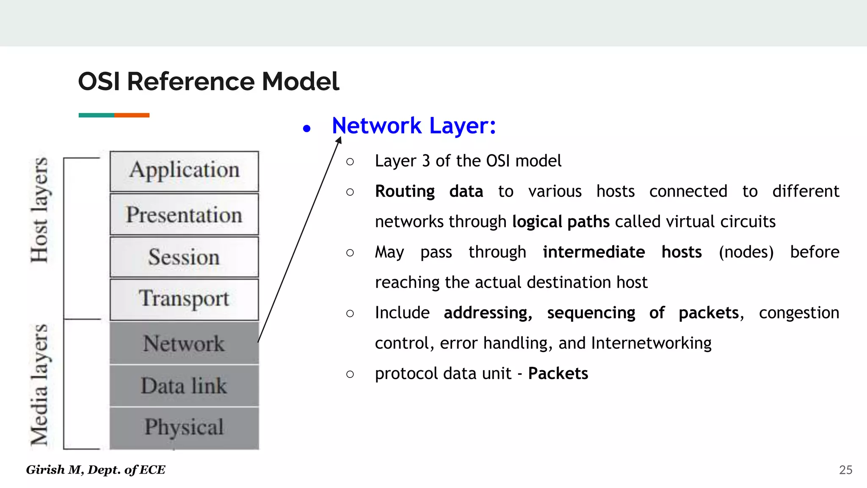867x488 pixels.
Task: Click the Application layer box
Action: pos(184,171)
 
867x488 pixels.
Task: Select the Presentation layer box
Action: pos(184,214)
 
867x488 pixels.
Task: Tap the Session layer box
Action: pos(184,257)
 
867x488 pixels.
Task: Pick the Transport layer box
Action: pos(184,299)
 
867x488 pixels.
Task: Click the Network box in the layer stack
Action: pos(184,343)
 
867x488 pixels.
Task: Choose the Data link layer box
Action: pos(184,385)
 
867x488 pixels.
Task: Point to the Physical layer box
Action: pos(184,427)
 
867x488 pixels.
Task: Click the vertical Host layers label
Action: pos(40,210)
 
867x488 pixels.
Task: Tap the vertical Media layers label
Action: pos(40,385)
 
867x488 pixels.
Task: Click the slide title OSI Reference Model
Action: pos(208,81)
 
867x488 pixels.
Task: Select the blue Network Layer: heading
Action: pos(414,126)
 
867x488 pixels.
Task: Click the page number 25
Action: pos(845,470)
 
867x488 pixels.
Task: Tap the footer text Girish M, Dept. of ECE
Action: pos(96,470)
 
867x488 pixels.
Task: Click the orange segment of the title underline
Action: pos(132,115)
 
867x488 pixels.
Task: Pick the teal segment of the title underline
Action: pos(96,115)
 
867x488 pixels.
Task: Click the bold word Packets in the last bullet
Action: pos(558,374)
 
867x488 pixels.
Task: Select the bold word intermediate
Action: pos(594,252)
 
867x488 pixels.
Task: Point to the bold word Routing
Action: pos(405,191)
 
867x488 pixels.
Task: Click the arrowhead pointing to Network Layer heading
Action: pos(339,140)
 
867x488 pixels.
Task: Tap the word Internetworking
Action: pos(651,343)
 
